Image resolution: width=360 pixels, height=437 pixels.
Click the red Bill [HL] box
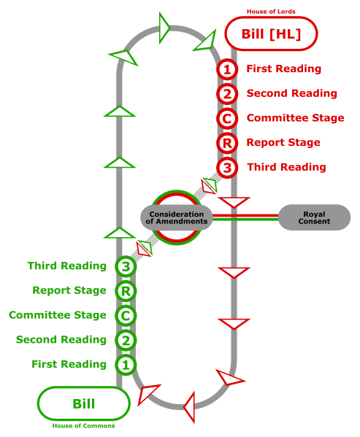(271, 34)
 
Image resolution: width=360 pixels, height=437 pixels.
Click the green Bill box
(84, 403)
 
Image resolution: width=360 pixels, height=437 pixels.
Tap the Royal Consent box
(314, 217)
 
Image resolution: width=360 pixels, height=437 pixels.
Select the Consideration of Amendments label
(177, 217)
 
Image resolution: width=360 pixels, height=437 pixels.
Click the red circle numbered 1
(227, 69)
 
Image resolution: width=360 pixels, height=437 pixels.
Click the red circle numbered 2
(227, 94)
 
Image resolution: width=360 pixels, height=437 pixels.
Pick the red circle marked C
(227, 118)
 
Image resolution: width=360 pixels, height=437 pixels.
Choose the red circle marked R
(227, 143)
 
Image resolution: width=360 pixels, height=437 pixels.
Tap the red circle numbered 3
(227, 167)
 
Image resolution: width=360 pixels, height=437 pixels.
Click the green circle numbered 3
(126, 267)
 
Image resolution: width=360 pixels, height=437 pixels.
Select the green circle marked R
(126, 291)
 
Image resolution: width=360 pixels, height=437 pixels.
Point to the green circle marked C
(126, 316)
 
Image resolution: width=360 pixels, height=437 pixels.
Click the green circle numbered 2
(126, 340)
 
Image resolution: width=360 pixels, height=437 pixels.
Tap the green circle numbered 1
(126, 364)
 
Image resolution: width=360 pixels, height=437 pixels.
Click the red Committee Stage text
(295, 118)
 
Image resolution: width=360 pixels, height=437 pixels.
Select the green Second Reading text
(61, 340)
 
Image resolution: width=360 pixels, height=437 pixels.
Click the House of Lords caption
(271, 12)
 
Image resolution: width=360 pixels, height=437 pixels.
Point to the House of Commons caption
(83, 426)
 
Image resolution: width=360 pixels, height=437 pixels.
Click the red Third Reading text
(286, 167)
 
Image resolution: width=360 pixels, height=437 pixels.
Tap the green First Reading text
(69, 364)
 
